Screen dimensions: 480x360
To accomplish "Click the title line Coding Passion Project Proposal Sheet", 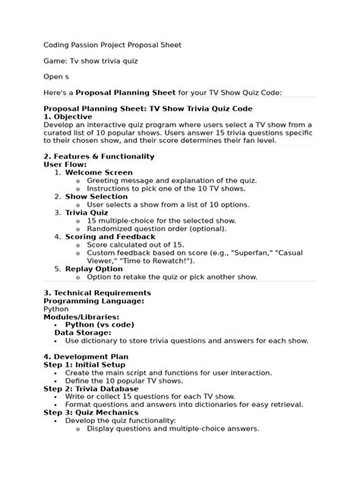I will (112, 45).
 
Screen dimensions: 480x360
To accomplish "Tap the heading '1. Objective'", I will (71, 117).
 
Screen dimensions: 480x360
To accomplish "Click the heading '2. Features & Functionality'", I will (99, 156).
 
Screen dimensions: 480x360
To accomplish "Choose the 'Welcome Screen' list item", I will (99, 172).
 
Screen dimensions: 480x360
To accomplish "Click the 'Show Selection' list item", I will (96, 196).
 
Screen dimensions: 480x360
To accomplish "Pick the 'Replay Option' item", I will (93, 268).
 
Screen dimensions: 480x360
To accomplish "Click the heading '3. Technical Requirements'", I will (97, 292).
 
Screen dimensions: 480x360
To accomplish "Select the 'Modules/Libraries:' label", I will (81, 317).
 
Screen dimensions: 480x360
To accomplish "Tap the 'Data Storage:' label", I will (83, 333).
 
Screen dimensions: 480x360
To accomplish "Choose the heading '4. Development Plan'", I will (86, 356).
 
